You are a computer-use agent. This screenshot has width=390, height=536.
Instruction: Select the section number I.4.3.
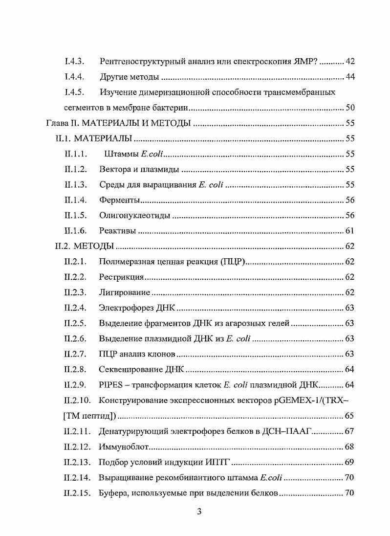75,62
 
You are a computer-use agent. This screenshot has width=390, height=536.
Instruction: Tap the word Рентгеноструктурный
138,62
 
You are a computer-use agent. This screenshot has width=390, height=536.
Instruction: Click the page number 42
349,62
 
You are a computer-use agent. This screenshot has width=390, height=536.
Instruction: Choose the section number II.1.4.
75,200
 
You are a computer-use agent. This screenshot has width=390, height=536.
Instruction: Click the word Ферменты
119,200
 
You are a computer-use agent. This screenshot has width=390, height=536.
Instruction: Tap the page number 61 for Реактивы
349,231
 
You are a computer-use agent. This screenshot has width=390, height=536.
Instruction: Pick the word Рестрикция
121,277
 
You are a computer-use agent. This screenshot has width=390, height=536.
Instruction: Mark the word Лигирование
124,292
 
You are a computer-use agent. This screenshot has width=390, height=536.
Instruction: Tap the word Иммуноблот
124,447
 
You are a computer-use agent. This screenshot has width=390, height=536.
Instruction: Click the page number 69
349,462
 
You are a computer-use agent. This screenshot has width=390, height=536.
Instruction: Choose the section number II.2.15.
77,493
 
